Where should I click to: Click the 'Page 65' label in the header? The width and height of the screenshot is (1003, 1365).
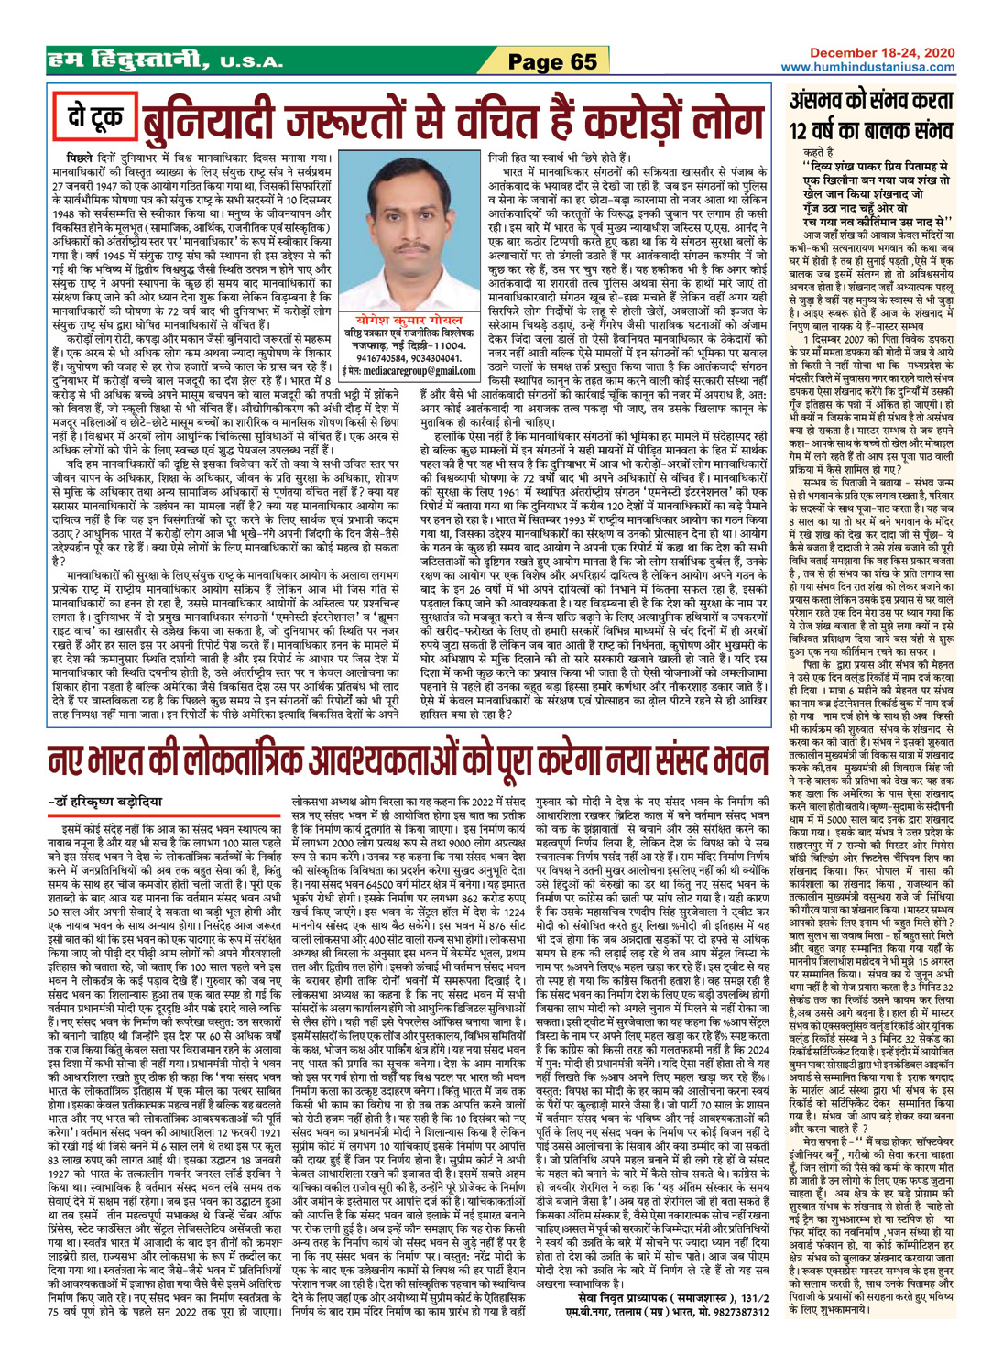point(551,60)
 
